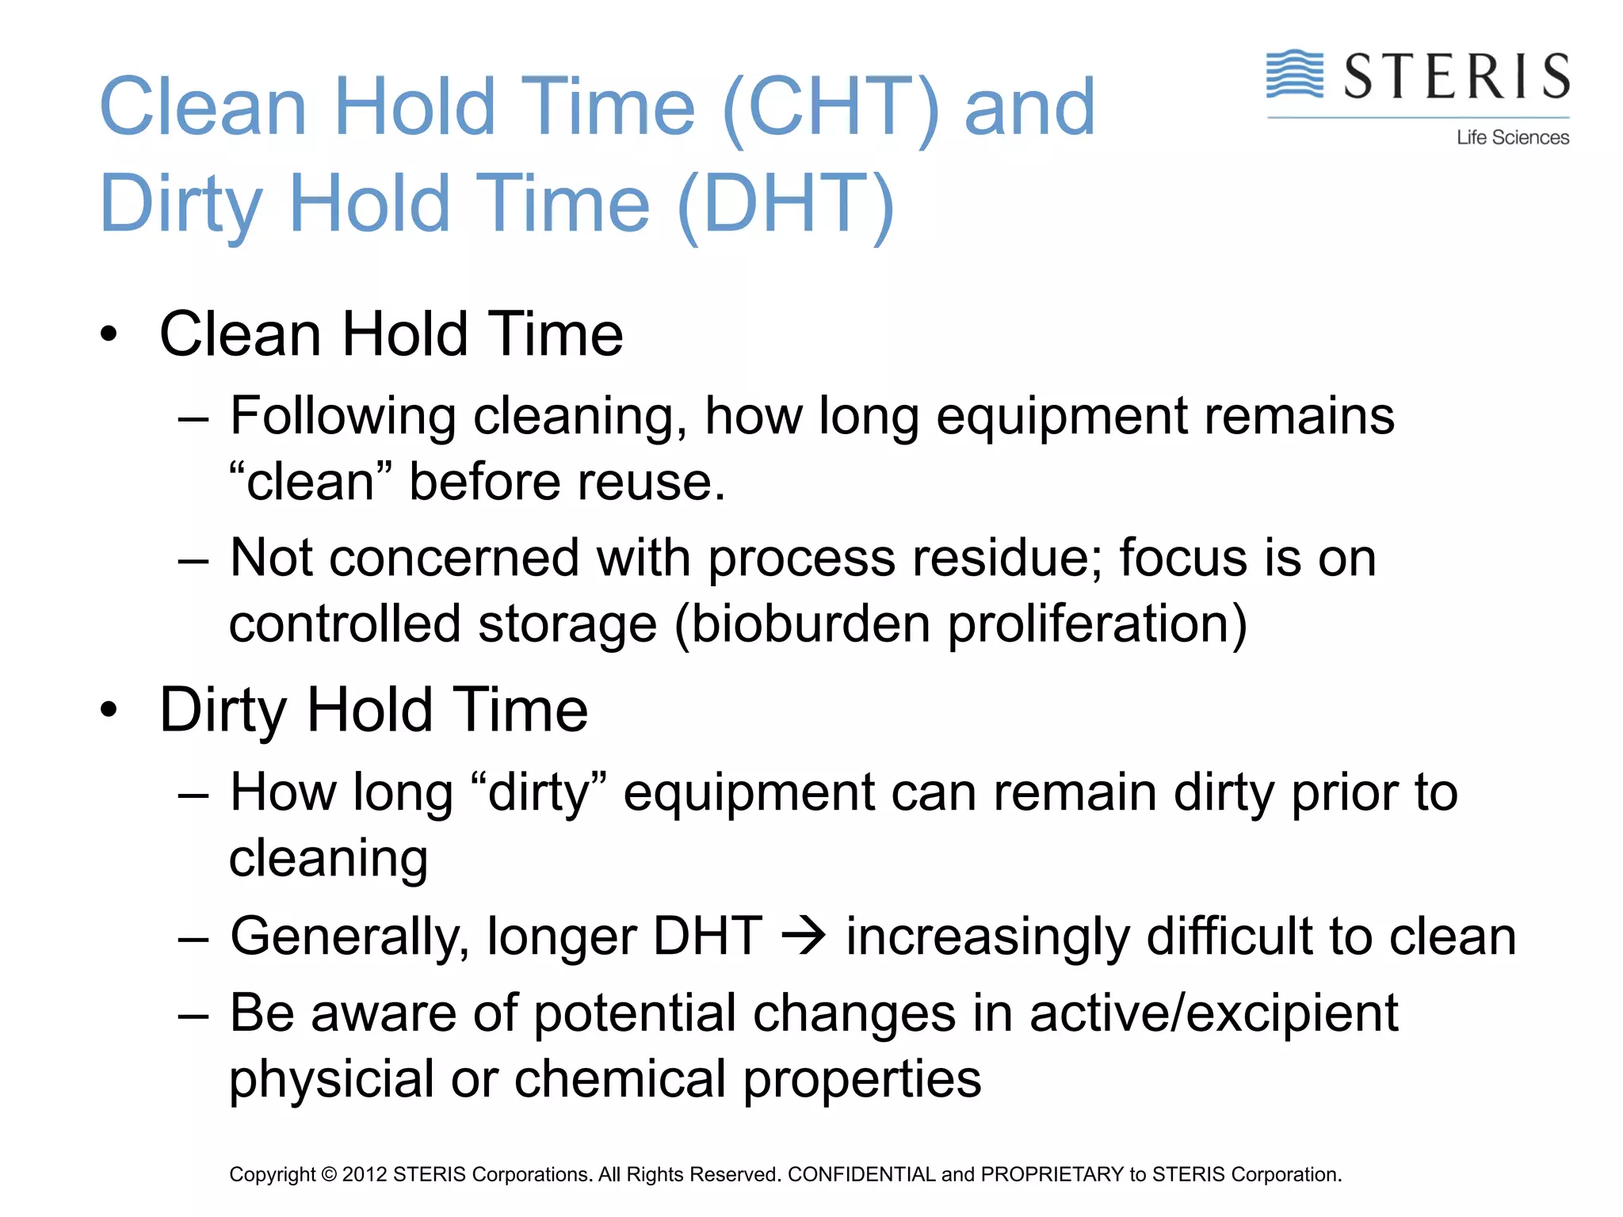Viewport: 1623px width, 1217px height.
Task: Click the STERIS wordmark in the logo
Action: tap(1457, 77)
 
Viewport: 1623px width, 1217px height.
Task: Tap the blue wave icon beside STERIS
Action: tap(1294, 74)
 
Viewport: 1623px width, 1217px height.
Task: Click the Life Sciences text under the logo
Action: tap(1512, 138)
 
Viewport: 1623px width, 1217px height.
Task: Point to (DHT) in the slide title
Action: tap(786, 204)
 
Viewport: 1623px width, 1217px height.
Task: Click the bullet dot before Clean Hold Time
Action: tap(109, 334)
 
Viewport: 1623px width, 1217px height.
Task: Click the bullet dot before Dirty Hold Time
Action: tap(109, 710)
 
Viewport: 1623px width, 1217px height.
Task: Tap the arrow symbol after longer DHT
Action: tap(804, 936)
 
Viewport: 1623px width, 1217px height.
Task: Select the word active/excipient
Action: tap(1213, 1013)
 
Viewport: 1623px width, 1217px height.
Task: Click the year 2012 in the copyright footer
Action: tap(364, 1174)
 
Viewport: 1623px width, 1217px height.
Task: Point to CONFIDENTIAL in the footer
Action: tap(861, 1174)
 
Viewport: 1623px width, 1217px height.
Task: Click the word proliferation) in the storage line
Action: tap(1098, 624)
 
